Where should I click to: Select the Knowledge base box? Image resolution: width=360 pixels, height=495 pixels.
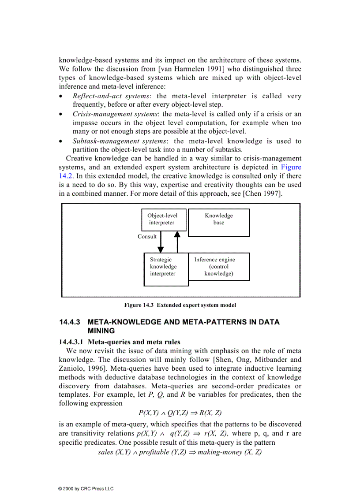click(x=219, y=223)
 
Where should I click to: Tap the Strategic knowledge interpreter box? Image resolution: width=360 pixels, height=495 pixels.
click(x=166, y=269)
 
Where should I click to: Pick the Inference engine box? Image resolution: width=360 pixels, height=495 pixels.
click(x=219, y=267)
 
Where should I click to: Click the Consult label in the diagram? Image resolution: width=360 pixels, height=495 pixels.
click(x=147, y=237)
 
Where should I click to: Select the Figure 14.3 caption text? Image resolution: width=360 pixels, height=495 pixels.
click(x=180, y=305)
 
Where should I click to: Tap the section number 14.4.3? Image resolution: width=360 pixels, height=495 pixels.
click(x=71, y=322)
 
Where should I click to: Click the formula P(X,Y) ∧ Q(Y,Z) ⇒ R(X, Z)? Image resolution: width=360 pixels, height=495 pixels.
click(x=180, y=413)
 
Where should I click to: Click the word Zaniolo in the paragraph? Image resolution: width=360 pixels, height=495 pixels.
click(x=71, y=368)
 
